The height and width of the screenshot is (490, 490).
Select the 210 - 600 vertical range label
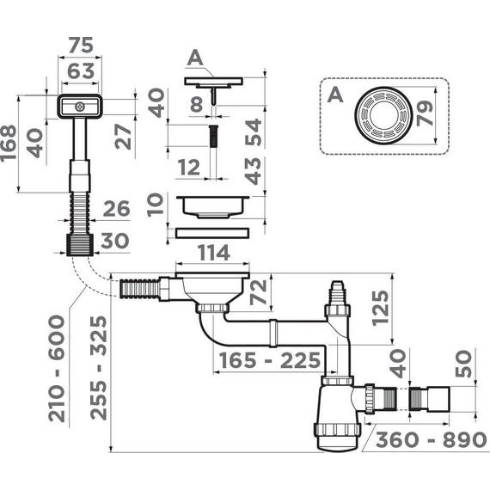[58, 369]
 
